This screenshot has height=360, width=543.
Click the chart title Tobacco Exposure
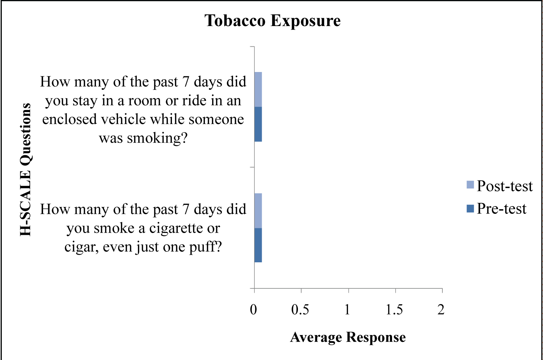click(273, 21)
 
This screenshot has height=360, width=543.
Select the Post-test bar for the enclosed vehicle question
click(258, 89)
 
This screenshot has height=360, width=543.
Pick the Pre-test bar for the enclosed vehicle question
click(258, 124)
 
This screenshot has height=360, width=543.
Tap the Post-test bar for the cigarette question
click(258, 211)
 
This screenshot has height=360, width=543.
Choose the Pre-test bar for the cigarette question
click(258, 245)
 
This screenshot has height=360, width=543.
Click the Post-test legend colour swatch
click(470, 185)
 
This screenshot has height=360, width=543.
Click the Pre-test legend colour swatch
click(470, 208)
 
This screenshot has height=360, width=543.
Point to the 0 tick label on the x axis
click(253, 310)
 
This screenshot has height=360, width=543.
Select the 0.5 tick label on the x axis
click(300, 310)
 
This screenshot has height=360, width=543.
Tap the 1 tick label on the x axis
click(348, 310)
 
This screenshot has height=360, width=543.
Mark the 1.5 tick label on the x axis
click(394, 310)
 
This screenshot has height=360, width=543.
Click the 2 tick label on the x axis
click(441, 310)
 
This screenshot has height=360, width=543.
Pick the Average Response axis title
click(348, 337)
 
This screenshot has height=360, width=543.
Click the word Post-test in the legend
click(505, 186)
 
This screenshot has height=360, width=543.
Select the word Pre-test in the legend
click(501, 209)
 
